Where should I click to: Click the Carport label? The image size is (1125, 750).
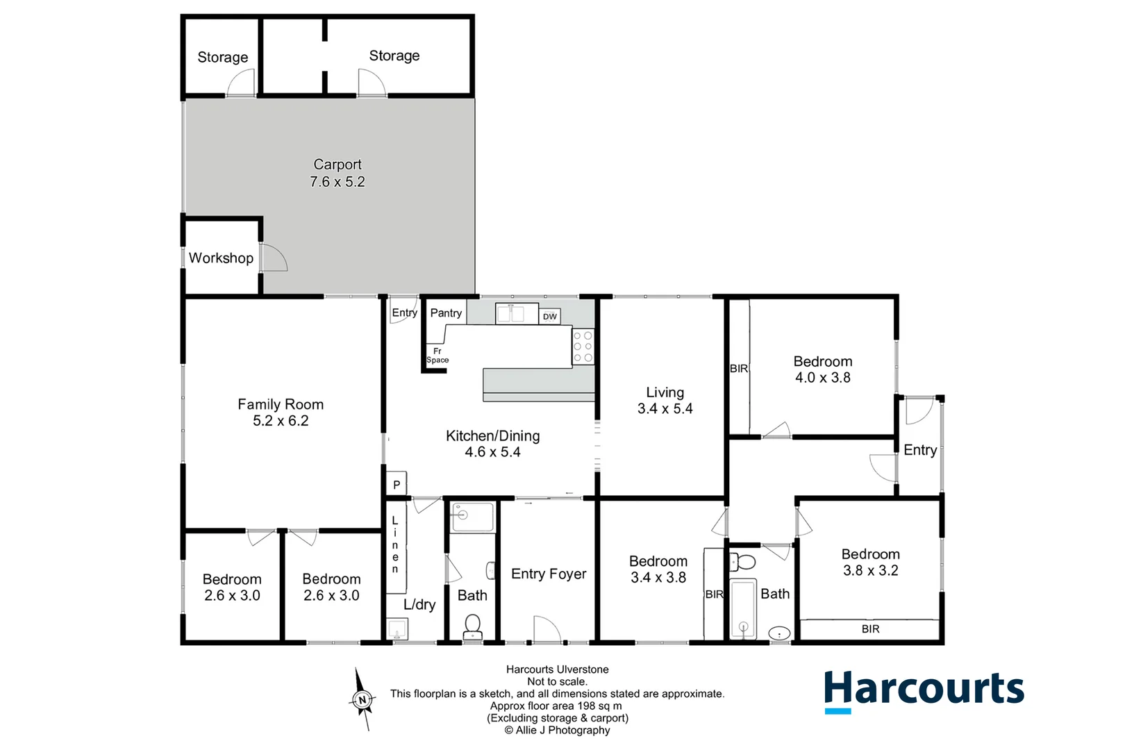click(337, 165)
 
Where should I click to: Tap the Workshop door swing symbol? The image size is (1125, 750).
click(273, 257)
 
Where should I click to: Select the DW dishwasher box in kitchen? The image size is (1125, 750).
click(549, 317)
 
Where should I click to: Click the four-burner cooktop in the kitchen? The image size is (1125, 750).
click(583, 347)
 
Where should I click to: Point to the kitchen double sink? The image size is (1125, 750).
click(517, 313)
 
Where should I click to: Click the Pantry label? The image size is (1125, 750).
click(446, 313)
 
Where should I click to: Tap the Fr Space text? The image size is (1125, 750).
click(437, 356)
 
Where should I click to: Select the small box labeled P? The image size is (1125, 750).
click(397, 485)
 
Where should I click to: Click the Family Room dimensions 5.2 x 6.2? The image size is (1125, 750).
click(281, 421)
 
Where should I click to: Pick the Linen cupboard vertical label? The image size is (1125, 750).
click(395, 545)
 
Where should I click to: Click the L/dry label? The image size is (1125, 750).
click(419, 604)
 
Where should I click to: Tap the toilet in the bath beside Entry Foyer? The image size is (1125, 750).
click(473, 625)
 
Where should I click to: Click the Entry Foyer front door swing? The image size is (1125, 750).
click(546, 629)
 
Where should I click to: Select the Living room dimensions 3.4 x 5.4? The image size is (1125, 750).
click(665, 409)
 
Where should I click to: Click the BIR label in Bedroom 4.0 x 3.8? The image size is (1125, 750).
click(739, 369)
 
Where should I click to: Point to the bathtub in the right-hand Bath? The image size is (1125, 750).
click(743, 608)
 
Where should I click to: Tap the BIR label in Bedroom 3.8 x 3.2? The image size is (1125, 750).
click(870, 629)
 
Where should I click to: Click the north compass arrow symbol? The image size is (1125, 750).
click(361, 699)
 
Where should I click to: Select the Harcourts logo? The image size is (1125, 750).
click(924, 690)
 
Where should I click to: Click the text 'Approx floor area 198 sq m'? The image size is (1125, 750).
click(556, 706)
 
